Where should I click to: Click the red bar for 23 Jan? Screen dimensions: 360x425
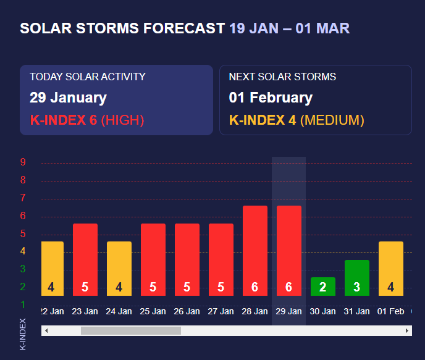pos(85,259)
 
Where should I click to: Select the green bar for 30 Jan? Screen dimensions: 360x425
pos(323,287)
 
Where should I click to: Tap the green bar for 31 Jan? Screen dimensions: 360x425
pos(357,278)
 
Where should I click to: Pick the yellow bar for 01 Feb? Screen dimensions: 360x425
pos(391,269)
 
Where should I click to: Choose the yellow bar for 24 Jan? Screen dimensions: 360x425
pos(119,269)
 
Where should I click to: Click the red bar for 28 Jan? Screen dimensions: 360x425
pos(255,251)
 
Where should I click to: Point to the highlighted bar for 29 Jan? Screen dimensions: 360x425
pos(289,251)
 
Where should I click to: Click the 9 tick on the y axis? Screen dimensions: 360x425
pos(23,162)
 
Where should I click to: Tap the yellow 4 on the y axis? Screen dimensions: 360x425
pos(23,251)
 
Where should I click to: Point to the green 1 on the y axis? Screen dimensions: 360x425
pos(23,304)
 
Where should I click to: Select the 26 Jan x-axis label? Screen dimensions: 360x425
pos(187,311)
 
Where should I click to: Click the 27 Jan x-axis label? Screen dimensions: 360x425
pos(221,311)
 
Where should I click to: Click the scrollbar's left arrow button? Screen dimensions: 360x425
pos(46,331)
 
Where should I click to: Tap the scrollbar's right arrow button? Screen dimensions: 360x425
pos(407,331)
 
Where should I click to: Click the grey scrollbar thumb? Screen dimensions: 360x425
pos(131,331)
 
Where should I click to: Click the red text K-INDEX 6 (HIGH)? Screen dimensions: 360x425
pos(86,120)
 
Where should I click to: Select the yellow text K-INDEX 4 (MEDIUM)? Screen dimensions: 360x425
pos(297,120)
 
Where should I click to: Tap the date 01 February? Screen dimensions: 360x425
pos(271,98)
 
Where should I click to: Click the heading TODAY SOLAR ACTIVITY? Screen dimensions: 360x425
pos(88,77)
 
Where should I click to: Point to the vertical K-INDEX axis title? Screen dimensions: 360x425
pos(23,334)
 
